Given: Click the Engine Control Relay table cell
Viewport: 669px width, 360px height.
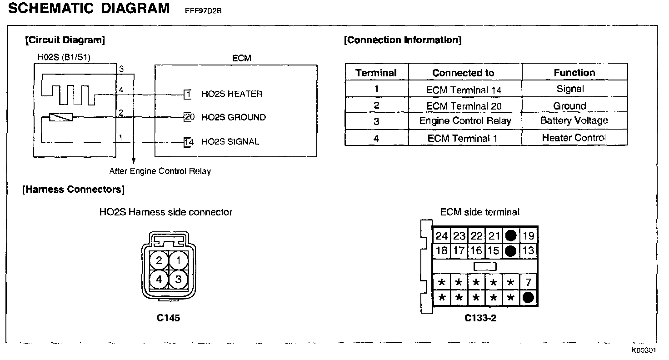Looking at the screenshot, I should click(x=465, y=121).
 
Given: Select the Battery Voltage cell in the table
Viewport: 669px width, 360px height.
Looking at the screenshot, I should click(x=574, y=120).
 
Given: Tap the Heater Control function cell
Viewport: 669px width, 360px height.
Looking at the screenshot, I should click(x=574, y=138).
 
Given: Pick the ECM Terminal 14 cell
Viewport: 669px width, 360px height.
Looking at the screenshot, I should click(x=464, y=90).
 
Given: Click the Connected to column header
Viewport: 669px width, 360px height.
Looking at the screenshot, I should click(x=463, y=73).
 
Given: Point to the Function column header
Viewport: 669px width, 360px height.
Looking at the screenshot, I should click(x=574, y=73).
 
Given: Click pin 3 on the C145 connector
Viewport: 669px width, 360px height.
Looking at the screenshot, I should click(x=178, y=280).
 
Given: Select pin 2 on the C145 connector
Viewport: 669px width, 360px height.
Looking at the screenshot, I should click(x=159, y=260).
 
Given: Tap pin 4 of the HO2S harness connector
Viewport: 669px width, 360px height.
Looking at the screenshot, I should click(x=159, y=280).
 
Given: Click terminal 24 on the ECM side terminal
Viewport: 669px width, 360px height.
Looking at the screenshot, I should click(x=441, y=236).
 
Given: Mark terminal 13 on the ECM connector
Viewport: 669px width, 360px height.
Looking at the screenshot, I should click(x=528, y=250).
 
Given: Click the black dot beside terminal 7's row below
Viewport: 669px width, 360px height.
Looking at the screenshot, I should click(x=528, y=298).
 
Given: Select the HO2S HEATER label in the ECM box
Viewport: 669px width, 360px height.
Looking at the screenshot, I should click(x=232, y=94).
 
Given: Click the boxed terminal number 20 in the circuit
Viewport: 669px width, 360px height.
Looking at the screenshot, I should click(x=189, y=117).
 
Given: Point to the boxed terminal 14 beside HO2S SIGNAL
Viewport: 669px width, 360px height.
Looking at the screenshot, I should click(x=189, y=142).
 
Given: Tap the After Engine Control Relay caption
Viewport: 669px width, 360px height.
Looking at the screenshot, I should click(x=160, y=171).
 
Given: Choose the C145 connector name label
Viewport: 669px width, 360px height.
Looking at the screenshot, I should click(x=168, y=318).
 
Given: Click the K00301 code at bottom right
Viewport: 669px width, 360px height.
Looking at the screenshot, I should click(x=643, y=350).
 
